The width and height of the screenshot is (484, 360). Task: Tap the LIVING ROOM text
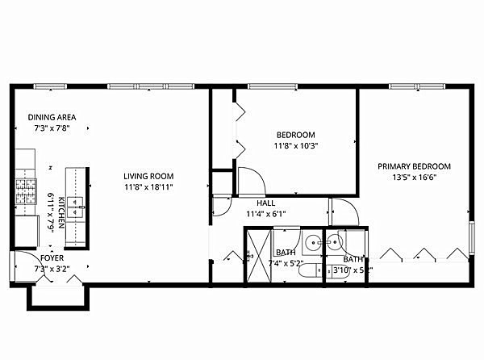tap(148, 176)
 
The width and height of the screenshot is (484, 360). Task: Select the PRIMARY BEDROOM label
tap(415, 166)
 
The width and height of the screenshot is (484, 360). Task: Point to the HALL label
tap(266, 203)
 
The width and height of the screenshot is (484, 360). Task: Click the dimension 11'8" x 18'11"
tap(148, 187)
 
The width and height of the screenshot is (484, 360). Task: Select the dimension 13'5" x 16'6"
tap(415, 178)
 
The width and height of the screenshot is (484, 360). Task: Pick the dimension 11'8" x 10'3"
tap(296, 146)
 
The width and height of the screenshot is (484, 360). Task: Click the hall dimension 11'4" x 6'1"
tap(266, 214)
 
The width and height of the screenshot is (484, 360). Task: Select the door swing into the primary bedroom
tap(343, 211)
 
